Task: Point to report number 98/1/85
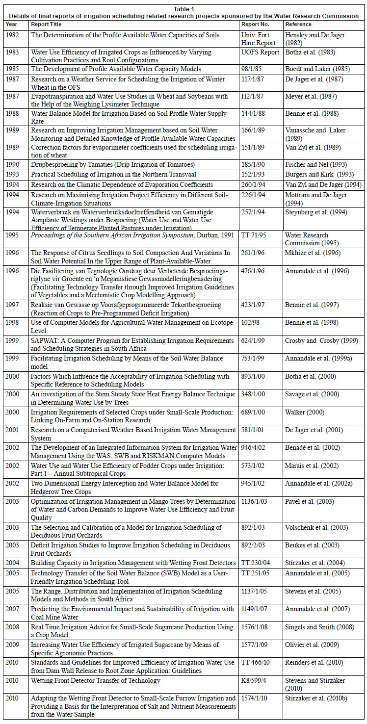point(253,69)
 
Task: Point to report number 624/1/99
point(255,340)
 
